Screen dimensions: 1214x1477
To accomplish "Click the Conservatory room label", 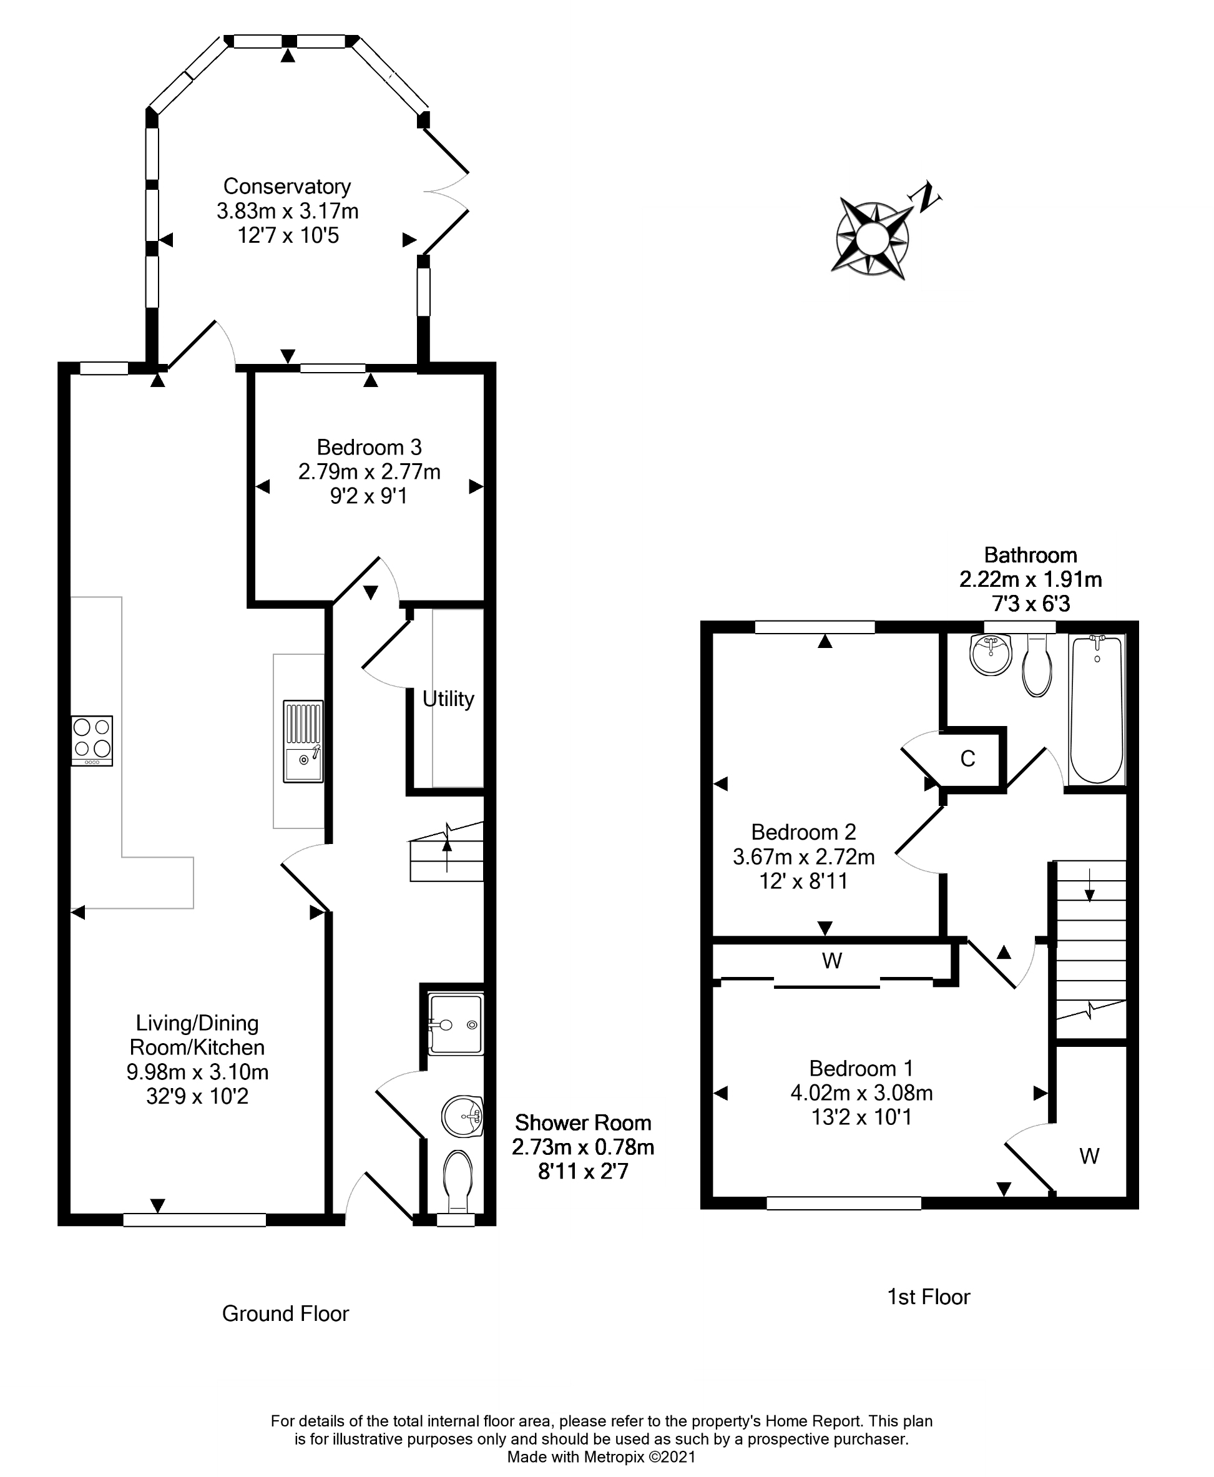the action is click(286, 187).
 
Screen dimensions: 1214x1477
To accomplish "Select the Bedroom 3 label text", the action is click(370, 448).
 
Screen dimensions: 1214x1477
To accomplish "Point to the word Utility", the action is click(448, 699).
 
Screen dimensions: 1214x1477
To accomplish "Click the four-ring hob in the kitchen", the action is click(92, 740).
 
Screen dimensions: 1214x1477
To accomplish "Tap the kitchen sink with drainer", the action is click(303, 740).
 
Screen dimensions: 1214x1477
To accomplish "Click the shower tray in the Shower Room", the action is click(456, 1024).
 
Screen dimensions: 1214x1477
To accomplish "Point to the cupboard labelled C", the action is click(968, 758).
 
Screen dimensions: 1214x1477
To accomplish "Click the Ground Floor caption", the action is click(285, 1314).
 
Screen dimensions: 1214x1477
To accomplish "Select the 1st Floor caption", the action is click(929, 1297).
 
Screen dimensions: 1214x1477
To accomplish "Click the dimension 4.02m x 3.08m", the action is click(861, 1092).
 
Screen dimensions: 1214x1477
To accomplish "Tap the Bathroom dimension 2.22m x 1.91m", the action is click(1030, 579).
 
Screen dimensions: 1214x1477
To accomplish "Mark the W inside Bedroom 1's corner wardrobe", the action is click(1089, 1156).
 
